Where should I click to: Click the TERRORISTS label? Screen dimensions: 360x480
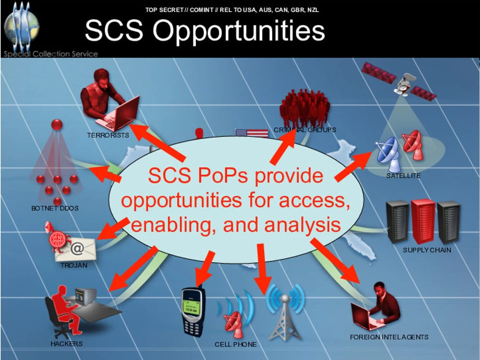(108, 135)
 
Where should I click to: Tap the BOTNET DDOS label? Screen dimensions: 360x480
(55, 208)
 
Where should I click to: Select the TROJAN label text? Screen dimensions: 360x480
(74, 265)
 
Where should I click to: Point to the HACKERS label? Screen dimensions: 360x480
(67, 344)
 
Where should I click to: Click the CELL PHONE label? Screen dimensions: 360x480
(235, 344)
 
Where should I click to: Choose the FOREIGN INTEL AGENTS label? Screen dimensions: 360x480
(389, 337)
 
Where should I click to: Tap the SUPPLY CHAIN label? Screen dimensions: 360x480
(427, 250)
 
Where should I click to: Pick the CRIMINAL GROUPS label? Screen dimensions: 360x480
(305, 130)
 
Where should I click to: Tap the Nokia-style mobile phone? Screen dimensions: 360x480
(193, 311)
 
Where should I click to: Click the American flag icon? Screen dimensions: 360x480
(252, 133)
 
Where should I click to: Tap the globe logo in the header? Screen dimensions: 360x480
(22, 26)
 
